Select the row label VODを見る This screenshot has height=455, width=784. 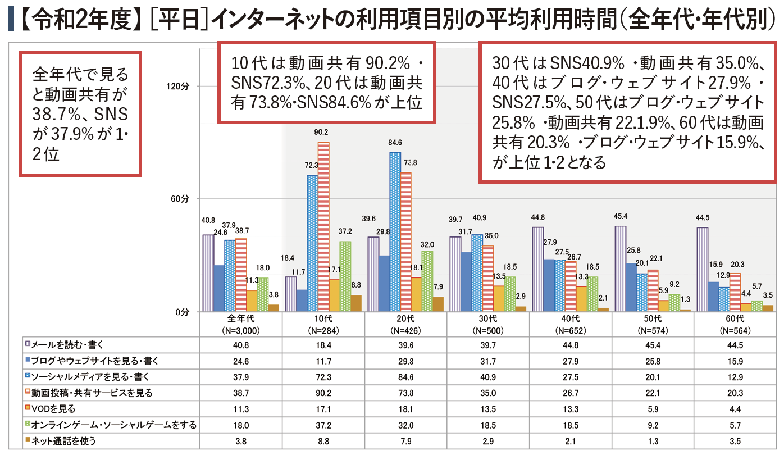click(53, 408)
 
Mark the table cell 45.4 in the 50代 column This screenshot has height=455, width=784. click(653, 343)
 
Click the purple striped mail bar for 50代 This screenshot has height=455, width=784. click(620, 269)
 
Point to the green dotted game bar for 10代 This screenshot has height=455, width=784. click(345, 276)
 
